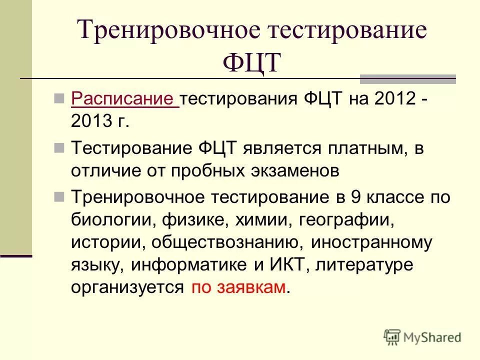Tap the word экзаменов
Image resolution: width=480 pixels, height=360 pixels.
tap(292, 171)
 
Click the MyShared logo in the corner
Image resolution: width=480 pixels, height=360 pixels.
tap(422, 337)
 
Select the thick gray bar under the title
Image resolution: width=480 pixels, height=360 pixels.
tap(407, 78)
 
